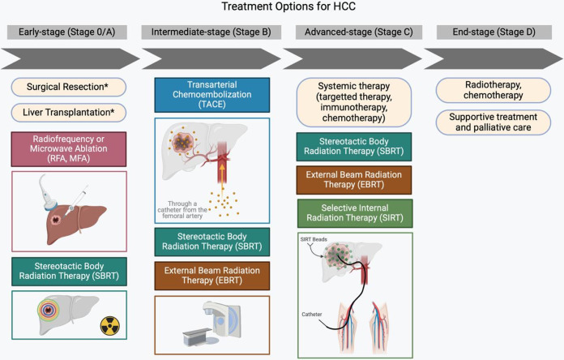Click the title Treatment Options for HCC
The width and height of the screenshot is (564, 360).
(281, 9)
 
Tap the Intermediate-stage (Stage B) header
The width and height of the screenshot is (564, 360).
(211, 32)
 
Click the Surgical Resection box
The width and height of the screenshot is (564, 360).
(69, 86)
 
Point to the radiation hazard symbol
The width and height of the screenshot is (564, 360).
(109, 326)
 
